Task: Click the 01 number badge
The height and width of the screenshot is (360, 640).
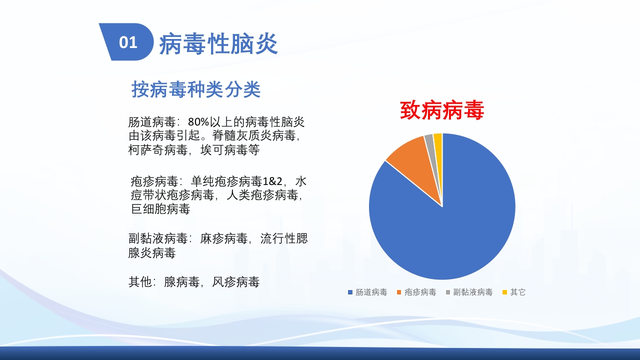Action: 128,42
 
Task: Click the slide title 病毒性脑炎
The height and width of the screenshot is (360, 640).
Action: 218,44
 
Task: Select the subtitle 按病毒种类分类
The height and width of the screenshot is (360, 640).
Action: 196,90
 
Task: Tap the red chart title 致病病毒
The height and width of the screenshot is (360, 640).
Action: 442,110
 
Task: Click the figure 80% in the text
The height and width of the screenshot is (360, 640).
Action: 198,122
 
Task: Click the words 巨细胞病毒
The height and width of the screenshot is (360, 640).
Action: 160,209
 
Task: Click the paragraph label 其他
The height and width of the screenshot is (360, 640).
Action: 139,282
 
